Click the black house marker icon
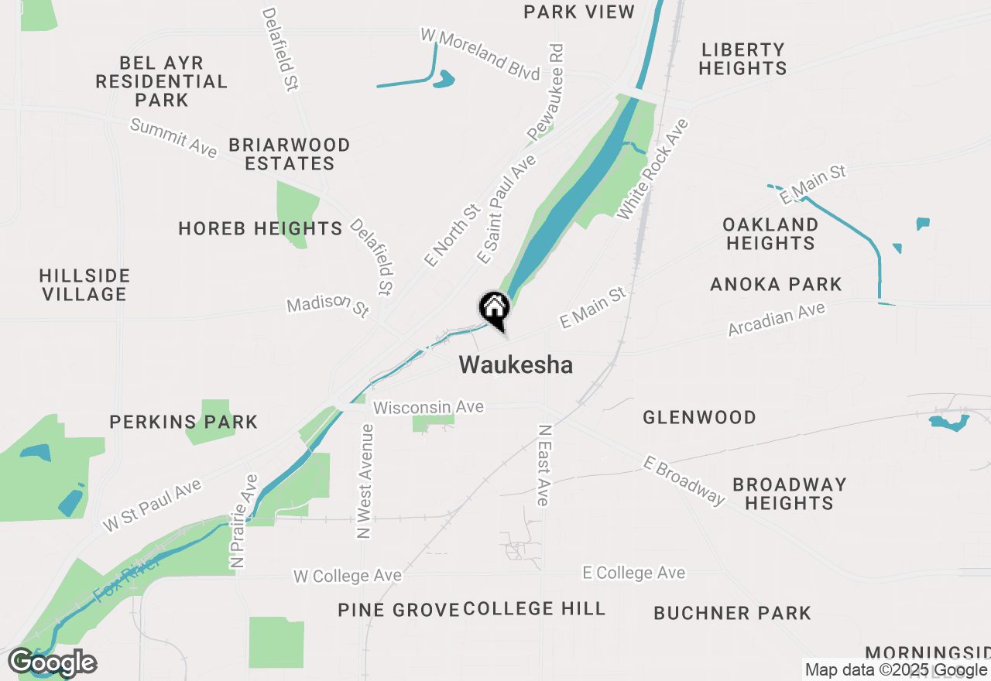[x=494, y=310]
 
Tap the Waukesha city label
[x=516, y=364]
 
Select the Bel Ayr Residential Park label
[x=162, y=81]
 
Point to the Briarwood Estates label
[x=290, y=154]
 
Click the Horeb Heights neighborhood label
[x=260, y=229]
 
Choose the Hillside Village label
[x=84, y=285]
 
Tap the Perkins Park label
[x=183, y=422]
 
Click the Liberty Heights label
[x=743, y=59]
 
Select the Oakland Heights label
[x=770, y=234]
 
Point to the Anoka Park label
[x=776, y=284]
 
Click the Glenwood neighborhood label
[x=699, y=417]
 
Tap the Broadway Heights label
[x=789, y=494]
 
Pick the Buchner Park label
[x=732, y=613]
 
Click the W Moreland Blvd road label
[x=480, y=54]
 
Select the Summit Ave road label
[x=173, y=138]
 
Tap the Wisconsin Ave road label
[x=428, y=407]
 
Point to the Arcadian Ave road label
[x=777, y=319]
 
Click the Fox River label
[x=128, y=578]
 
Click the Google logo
[x=53, y=662]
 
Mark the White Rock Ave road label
[x=652, y=168]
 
